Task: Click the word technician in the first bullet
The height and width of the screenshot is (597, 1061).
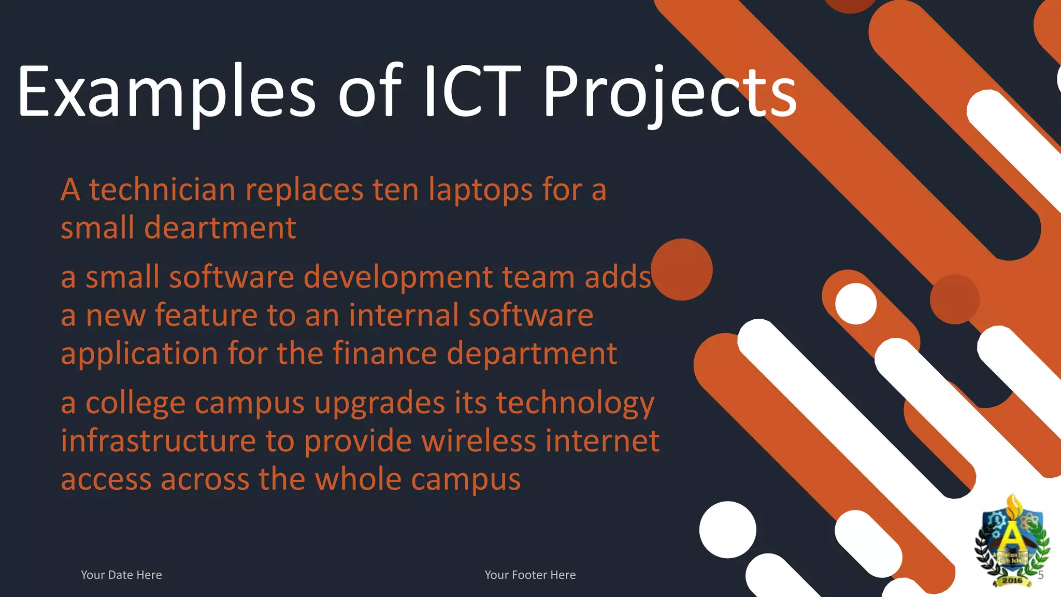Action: click(163, 190)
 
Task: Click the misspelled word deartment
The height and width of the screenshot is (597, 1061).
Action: click(220, 228)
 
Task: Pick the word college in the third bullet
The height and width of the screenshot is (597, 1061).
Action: click(136, 403)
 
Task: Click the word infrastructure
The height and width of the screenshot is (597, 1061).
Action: click(159, 441)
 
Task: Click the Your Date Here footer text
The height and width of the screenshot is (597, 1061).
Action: click(121, 575)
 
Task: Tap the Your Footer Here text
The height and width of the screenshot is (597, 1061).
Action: click(530, 575)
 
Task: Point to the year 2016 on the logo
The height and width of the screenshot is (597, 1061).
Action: click(1012, 580)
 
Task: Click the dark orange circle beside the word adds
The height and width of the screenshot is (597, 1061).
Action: click(682, 269)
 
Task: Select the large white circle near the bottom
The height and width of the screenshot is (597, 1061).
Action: click(727, 530)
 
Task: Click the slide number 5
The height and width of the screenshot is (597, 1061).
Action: click(1041, 575)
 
